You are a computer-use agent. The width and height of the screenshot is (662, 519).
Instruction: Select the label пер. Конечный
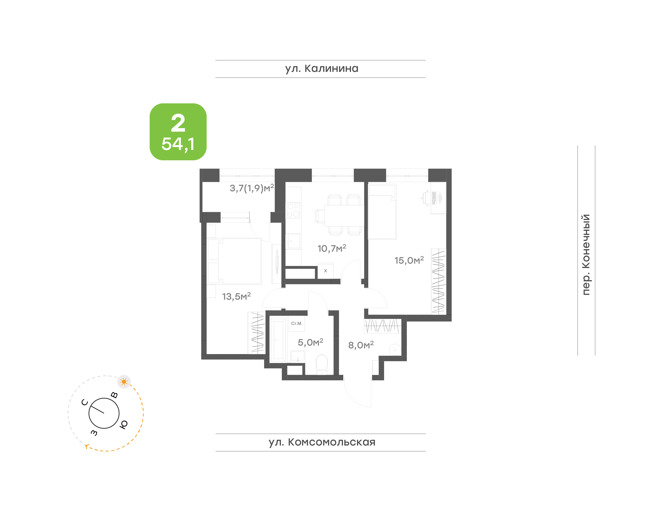point(585,255)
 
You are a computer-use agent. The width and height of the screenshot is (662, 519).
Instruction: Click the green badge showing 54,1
point(178,132)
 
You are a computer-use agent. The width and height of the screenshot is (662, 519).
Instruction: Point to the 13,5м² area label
point(236,296)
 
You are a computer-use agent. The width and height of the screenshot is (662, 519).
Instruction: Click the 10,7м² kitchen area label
point(332,248)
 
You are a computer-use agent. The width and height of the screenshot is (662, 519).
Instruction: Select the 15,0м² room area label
point(409,260)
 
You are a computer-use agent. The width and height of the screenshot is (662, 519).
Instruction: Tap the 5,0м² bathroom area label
point(310,342)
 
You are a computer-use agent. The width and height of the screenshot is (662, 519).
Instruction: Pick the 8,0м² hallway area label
point(361,345)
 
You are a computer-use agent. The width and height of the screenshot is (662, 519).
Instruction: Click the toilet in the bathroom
point(322,365)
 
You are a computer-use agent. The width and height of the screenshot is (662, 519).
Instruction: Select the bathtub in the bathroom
point(278,340)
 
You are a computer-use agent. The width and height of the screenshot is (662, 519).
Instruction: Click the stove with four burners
point(293,210)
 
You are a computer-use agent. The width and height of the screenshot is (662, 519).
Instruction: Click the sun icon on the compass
point(124,382)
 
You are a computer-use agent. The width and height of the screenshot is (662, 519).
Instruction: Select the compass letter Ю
point(123,424)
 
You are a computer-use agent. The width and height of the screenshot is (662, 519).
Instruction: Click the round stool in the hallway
point(395,350)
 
